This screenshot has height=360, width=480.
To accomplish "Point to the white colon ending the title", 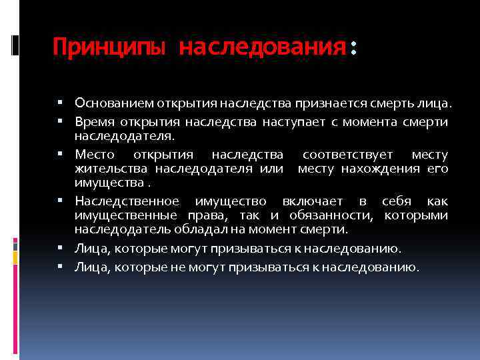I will coord(353,48).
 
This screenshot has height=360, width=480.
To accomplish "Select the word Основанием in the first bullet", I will coord(115,103).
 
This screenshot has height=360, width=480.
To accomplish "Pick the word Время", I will coord(93,121).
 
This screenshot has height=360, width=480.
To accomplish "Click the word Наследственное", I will coord(127,201).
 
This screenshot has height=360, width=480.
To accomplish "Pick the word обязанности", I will coord(341,215).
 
